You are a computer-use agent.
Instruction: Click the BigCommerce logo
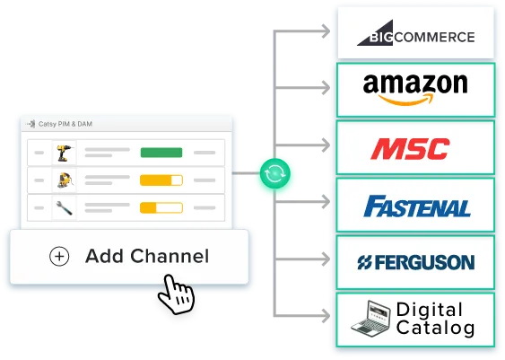pos(416,33)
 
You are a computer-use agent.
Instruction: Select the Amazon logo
pos(415,89)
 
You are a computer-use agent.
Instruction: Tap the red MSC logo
pos(410,148)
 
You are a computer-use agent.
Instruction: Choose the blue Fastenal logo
pos(417,206)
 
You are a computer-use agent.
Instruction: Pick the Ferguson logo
pos(416,262)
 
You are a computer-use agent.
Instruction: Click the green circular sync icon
pos(274,173)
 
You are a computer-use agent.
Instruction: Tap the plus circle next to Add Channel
pos(59,257)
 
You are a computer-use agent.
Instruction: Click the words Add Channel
pos(147,257)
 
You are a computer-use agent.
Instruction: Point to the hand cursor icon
pos(177,294)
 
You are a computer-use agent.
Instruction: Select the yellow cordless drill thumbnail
pos(64,153)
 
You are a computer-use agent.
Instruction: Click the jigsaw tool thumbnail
pos(65,180)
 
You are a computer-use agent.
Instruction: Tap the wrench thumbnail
pos(64,208)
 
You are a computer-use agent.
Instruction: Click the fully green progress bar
pos(161,153)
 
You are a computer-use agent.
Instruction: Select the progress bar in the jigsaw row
pos(161,180)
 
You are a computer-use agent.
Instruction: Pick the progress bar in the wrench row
pos(161,208)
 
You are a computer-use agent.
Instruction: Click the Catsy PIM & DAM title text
pos(65,124)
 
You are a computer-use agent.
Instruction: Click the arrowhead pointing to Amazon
pos(326,88)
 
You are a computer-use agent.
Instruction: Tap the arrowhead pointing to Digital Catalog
pos(326,315)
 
